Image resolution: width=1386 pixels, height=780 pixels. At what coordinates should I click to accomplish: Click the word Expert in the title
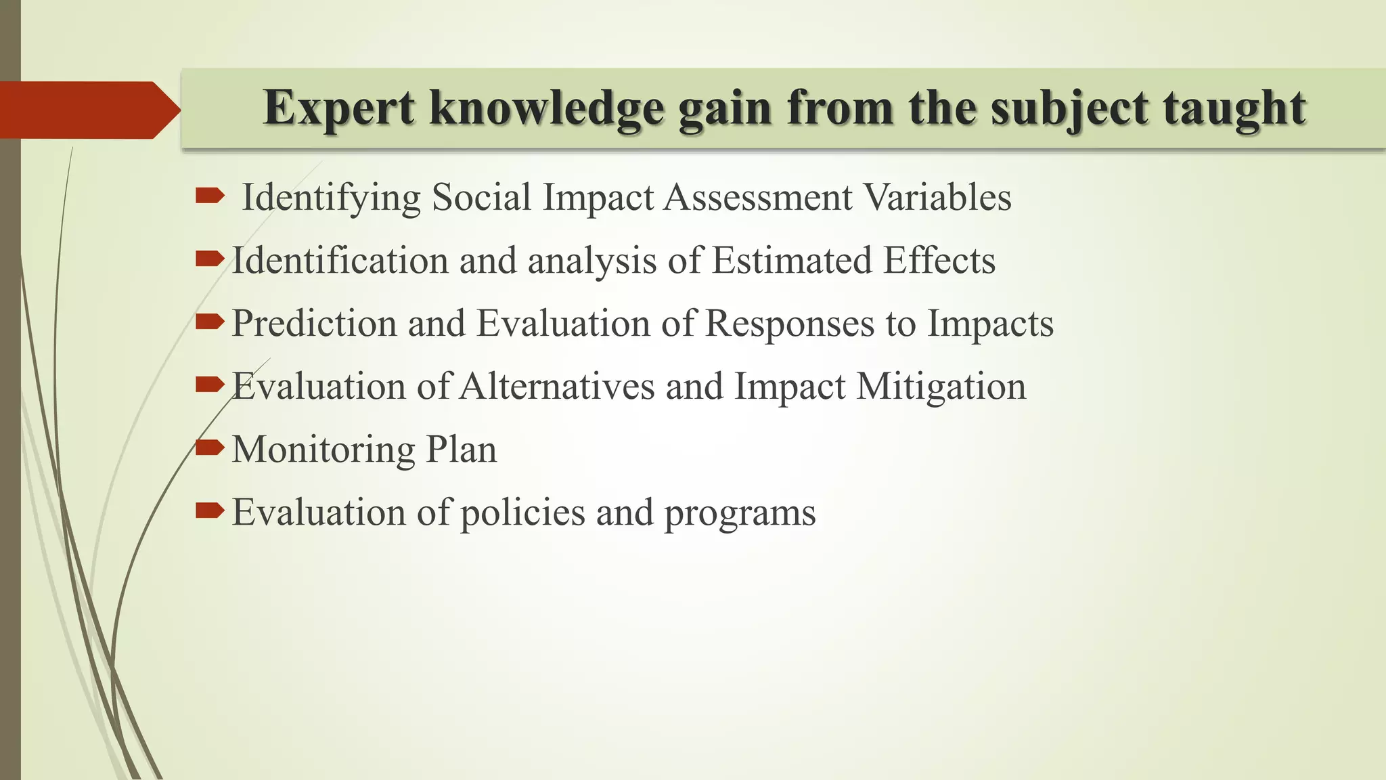point(338,108)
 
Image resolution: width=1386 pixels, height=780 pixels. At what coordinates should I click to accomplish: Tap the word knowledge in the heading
point(547,108)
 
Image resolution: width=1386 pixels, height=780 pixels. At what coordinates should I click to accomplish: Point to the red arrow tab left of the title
point(88,110)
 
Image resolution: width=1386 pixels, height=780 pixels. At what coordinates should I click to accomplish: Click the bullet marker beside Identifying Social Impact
point(209,196)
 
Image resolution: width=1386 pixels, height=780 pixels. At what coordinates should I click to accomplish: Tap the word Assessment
point(757,198)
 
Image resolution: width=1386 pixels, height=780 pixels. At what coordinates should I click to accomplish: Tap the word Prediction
point(314,324)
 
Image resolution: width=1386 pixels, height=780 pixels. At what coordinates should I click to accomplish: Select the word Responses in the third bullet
point(789,324)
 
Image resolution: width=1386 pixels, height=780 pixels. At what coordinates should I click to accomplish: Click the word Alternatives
point(556,387)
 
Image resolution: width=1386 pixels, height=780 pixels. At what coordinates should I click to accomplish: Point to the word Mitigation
point(941,387)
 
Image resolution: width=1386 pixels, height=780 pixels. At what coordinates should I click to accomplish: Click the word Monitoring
point(323,450)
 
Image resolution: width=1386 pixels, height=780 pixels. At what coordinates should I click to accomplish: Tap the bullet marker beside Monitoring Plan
point(209,448)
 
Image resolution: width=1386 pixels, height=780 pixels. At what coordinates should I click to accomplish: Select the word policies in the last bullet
point(522,513)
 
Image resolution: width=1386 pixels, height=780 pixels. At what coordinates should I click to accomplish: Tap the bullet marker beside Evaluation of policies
point(209,511)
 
